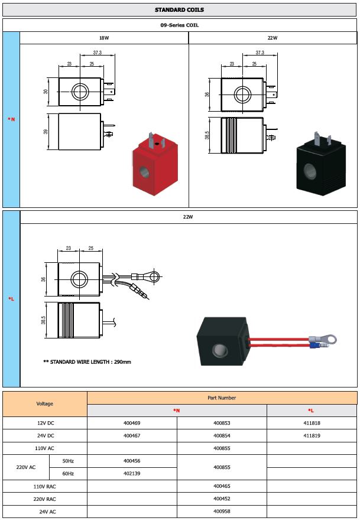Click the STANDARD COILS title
click(180, 10)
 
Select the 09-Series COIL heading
click(180, 25)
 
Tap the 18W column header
click(104, 38)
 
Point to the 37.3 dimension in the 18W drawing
click(97, 53)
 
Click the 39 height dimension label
click(46, 131)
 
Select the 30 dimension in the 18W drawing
click(46, 92)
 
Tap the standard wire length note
click(87, 362)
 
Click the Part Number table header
click(222, 398)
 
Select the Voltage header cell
click(45, 403)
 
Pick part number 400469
click(132, 424)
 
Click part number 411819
click(312, 436)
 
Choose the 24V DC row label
click(45, 436)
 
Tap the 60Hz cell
click(68, 473)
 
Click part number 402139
click(132, 473)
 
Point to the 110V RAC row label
click(45, 486)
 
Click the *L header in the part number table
click(312, 410)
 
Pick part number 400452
click(222, 498)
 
